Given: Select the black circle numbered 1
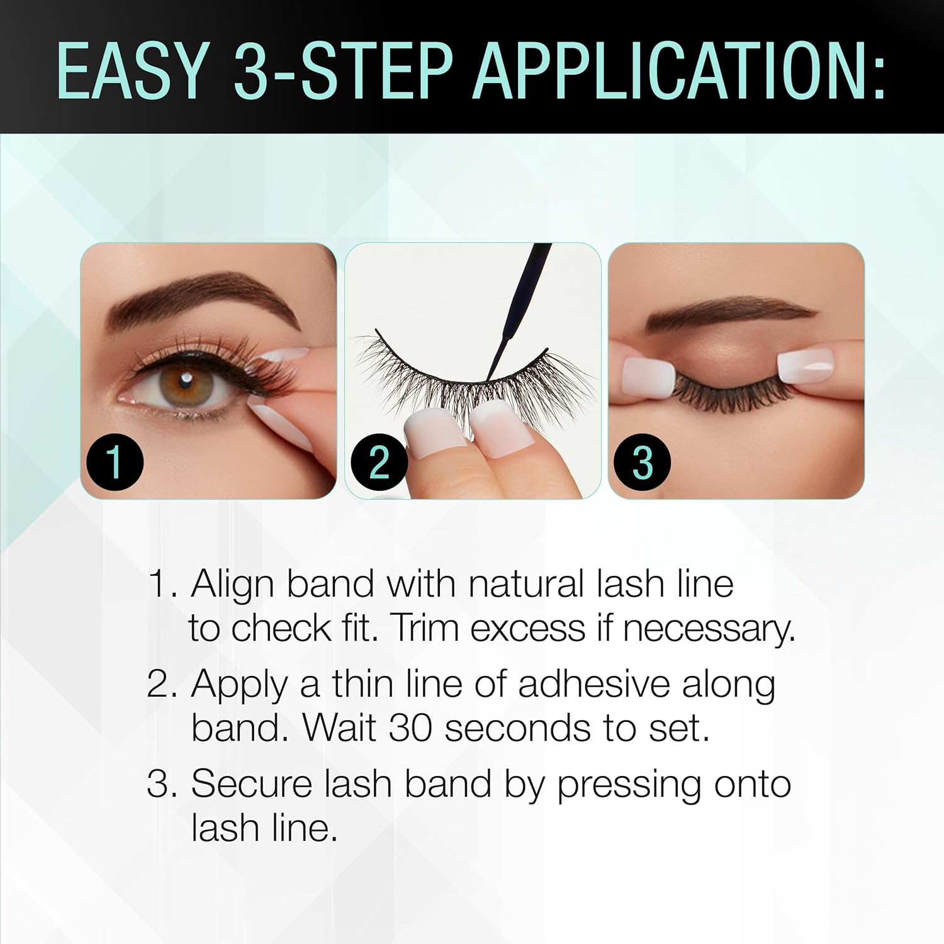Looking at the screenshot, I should click(x=114, y=462).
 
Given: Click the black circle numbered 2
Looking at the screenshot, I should click(x=379, y=462).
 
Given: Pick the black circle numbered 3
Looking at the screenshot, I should click(x=642, y=462).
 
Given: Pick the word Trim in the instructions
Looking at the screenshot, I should click(x=425, y=628).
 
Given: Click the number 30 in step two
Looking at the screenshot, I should click(x=410, y=728).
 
